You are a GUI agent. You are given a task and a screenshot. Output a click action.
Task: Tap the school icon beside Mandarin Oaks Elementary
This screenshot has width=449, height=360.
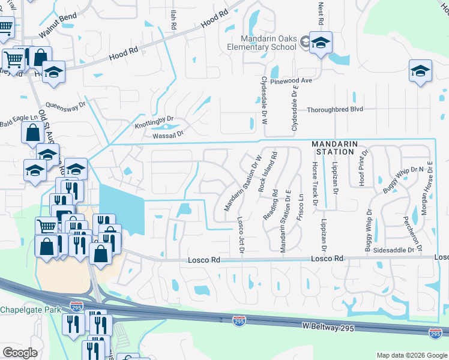click(321, 43)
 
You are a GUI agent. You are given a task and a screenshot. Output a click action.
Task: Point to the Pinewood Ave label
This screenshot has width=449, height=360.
click(292, 80)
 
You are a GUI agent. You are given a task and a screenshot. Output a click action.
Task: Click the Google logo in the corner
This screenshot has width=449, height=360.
click(20, 352)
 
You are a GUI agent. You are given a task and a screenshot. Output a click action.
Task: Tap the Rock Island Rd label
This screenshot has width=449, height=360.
click(268, 172)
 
